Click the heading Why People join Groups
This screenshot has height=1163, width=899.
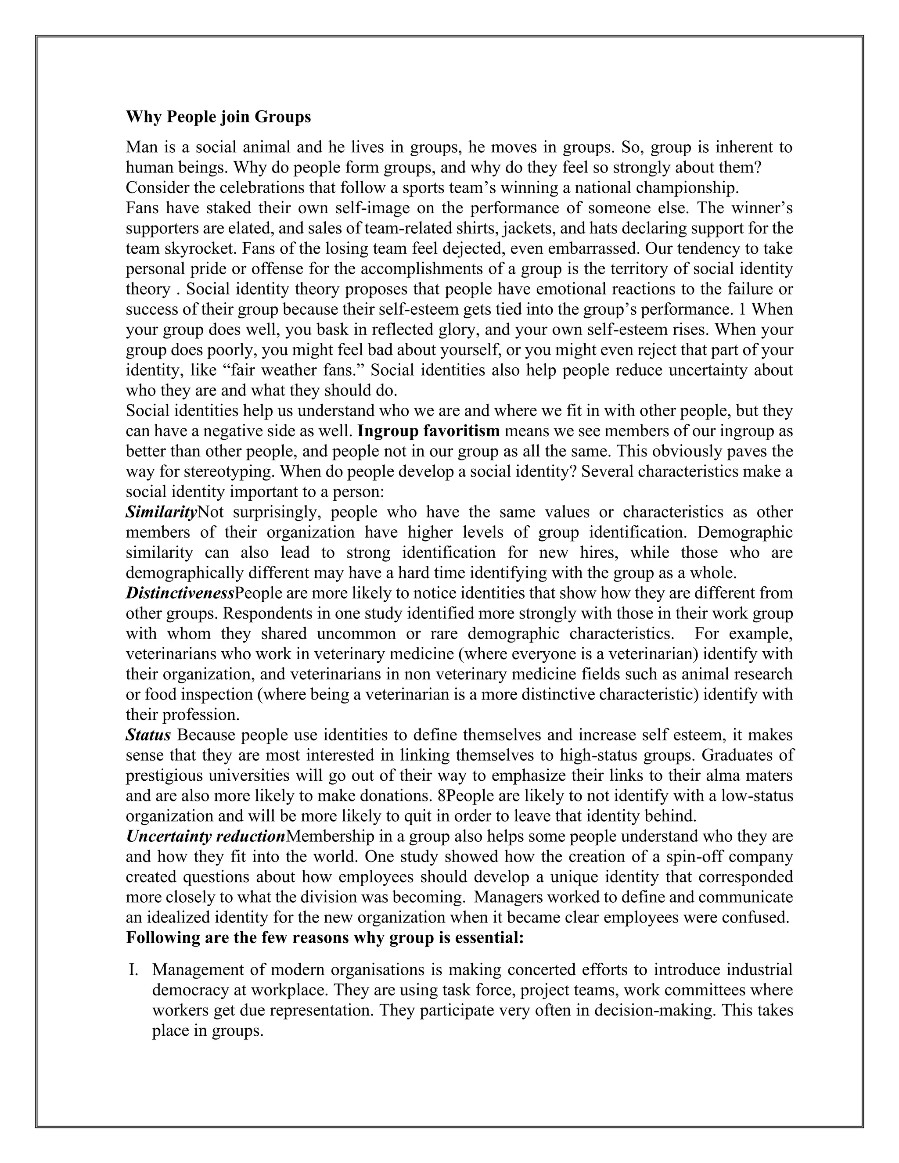point(218,117)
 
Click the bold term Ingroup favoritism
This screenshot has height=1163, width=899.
point(429,431)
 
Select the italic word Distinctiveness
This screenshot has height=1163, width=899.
point(180,593)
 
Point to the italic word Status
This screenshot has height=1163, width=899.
point(148,736)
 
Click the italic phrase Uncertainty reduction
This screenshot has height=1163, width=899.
point(205,836)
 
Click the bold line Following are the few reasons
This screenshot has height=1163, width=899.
point(325,938)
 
